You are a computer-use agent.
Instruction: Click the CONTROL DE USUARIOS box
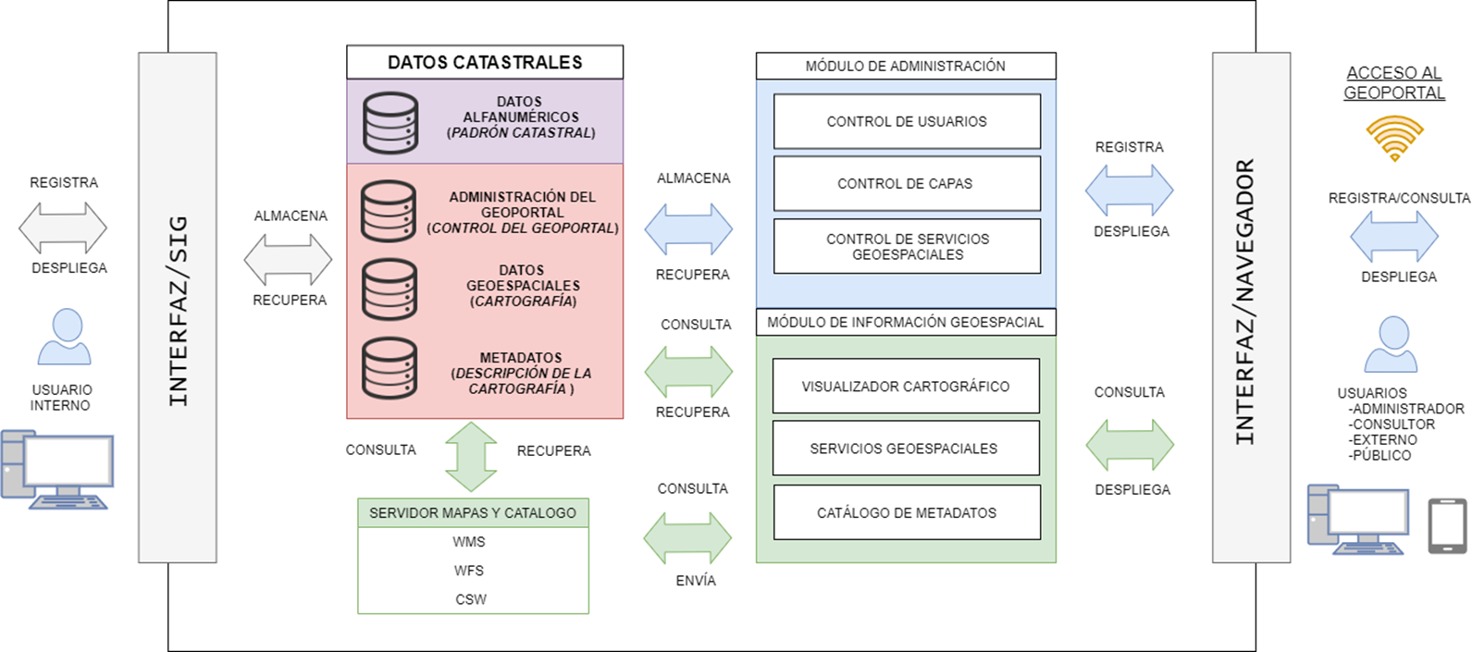(x=907, y=121)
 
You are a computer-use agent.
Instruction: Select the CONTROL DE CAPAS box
(x=907, y=183)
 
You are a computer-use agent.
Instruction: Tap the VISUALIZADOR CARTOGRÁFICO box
(x=906, y=386)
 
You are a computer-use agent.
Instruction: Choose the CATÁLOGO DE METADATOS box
(x=907, y=512)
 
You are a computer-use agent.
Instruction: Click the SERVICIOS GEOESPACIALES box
(x=906, y=449)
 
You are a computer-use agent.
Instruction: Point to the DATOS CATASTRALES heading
(x=485, y=62)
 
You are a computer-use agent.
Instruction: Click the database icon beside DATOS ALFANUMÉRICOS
(x=390, y=122)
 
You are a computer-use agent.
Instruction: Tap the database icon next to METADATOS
(x=390, y=368)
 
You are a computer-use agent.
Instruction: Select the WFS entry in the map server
(x=469, y=571)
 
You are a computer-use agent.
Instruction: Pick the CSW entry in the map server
(x=470, y=599)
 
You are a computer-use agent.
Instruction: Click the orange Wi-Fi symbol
(x=1394, y=138)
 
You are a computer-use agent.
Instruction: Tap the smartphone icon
(x=1447, y=526)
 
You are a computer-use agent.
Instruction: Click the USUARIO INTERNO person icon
(x=65, y=337)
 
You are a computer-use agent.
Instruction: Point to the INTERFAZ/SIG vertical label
(x=178, y=310)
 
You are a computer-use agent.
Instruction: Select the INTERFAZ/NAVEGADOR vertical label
(x=1245, y=301)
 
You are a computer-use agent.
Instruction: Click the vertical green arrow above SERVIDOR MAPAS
(x=471, y=456)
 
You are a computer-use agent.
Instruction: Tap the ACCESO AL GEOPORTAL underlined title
(x=1394, y=82)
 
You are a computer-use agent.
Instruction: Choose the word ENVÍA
(x=696, y=580)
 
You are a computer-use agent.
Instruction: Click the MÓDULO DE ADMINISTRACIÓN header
(x=905, y=66)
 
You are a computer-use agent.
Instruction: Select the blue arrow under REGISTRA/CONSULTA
(x=1394, y=236)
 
